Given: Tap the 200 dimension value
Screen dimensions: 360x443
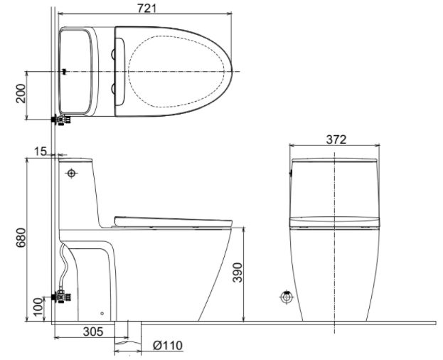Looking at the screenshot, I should click(x=22, y=94).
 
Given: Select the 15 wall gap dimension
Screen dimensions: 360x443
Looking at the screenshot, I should click(x=39, y=151).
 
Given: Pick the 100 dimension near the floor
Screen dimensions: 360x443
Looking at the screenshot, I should click(x=36, y=308).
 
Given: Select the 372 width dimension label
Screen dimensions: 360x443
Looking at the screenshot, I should click(x=336, y=139).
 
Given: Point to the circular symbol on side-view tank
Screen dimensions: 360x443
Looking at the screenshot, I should click(x=72, y=173).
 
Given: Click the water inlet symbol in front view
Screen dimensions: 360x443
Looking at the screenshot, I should click(x=286, y=298).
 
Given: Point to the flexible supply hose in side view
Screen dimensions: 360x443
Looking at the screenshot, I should click(x=64, y=267).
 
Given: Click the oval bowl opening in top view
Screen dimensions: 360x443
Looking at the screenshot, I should click(x=181, y=71).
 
